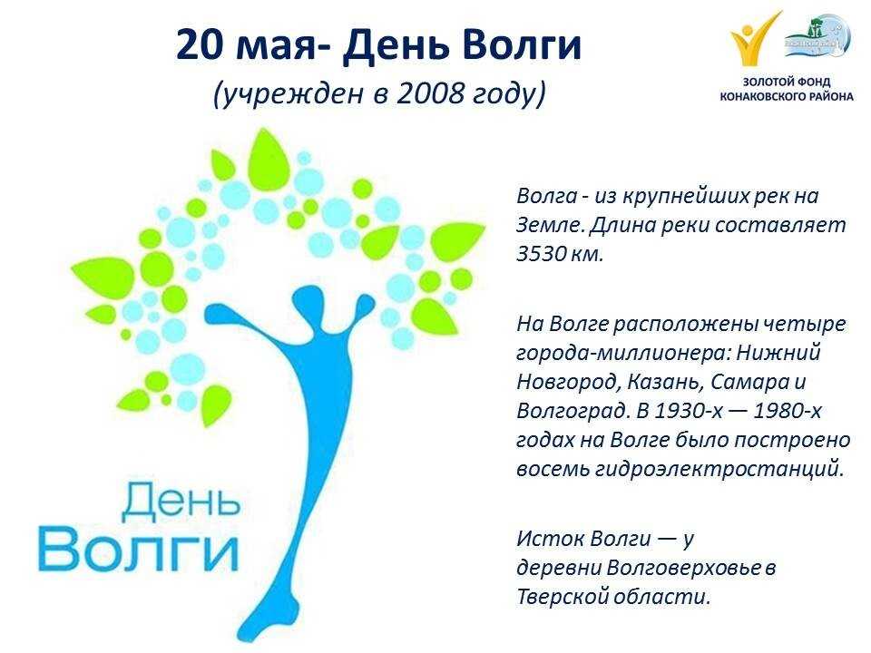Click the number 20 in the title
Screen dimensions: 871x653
coord(200,44)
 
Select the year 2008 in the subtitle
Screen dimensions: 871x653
coord(430,93)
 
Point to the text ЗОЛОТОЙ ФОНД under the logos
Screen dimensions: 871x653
coord(787,83)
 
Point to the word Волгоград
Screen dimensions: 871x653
coord(573,412)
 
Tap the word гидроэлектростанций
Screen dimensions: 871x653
coord(719,469)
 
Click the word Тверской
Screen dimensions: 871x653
coord(562,597)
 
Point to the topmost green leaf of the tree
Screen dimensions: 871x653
coord(269,158)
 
